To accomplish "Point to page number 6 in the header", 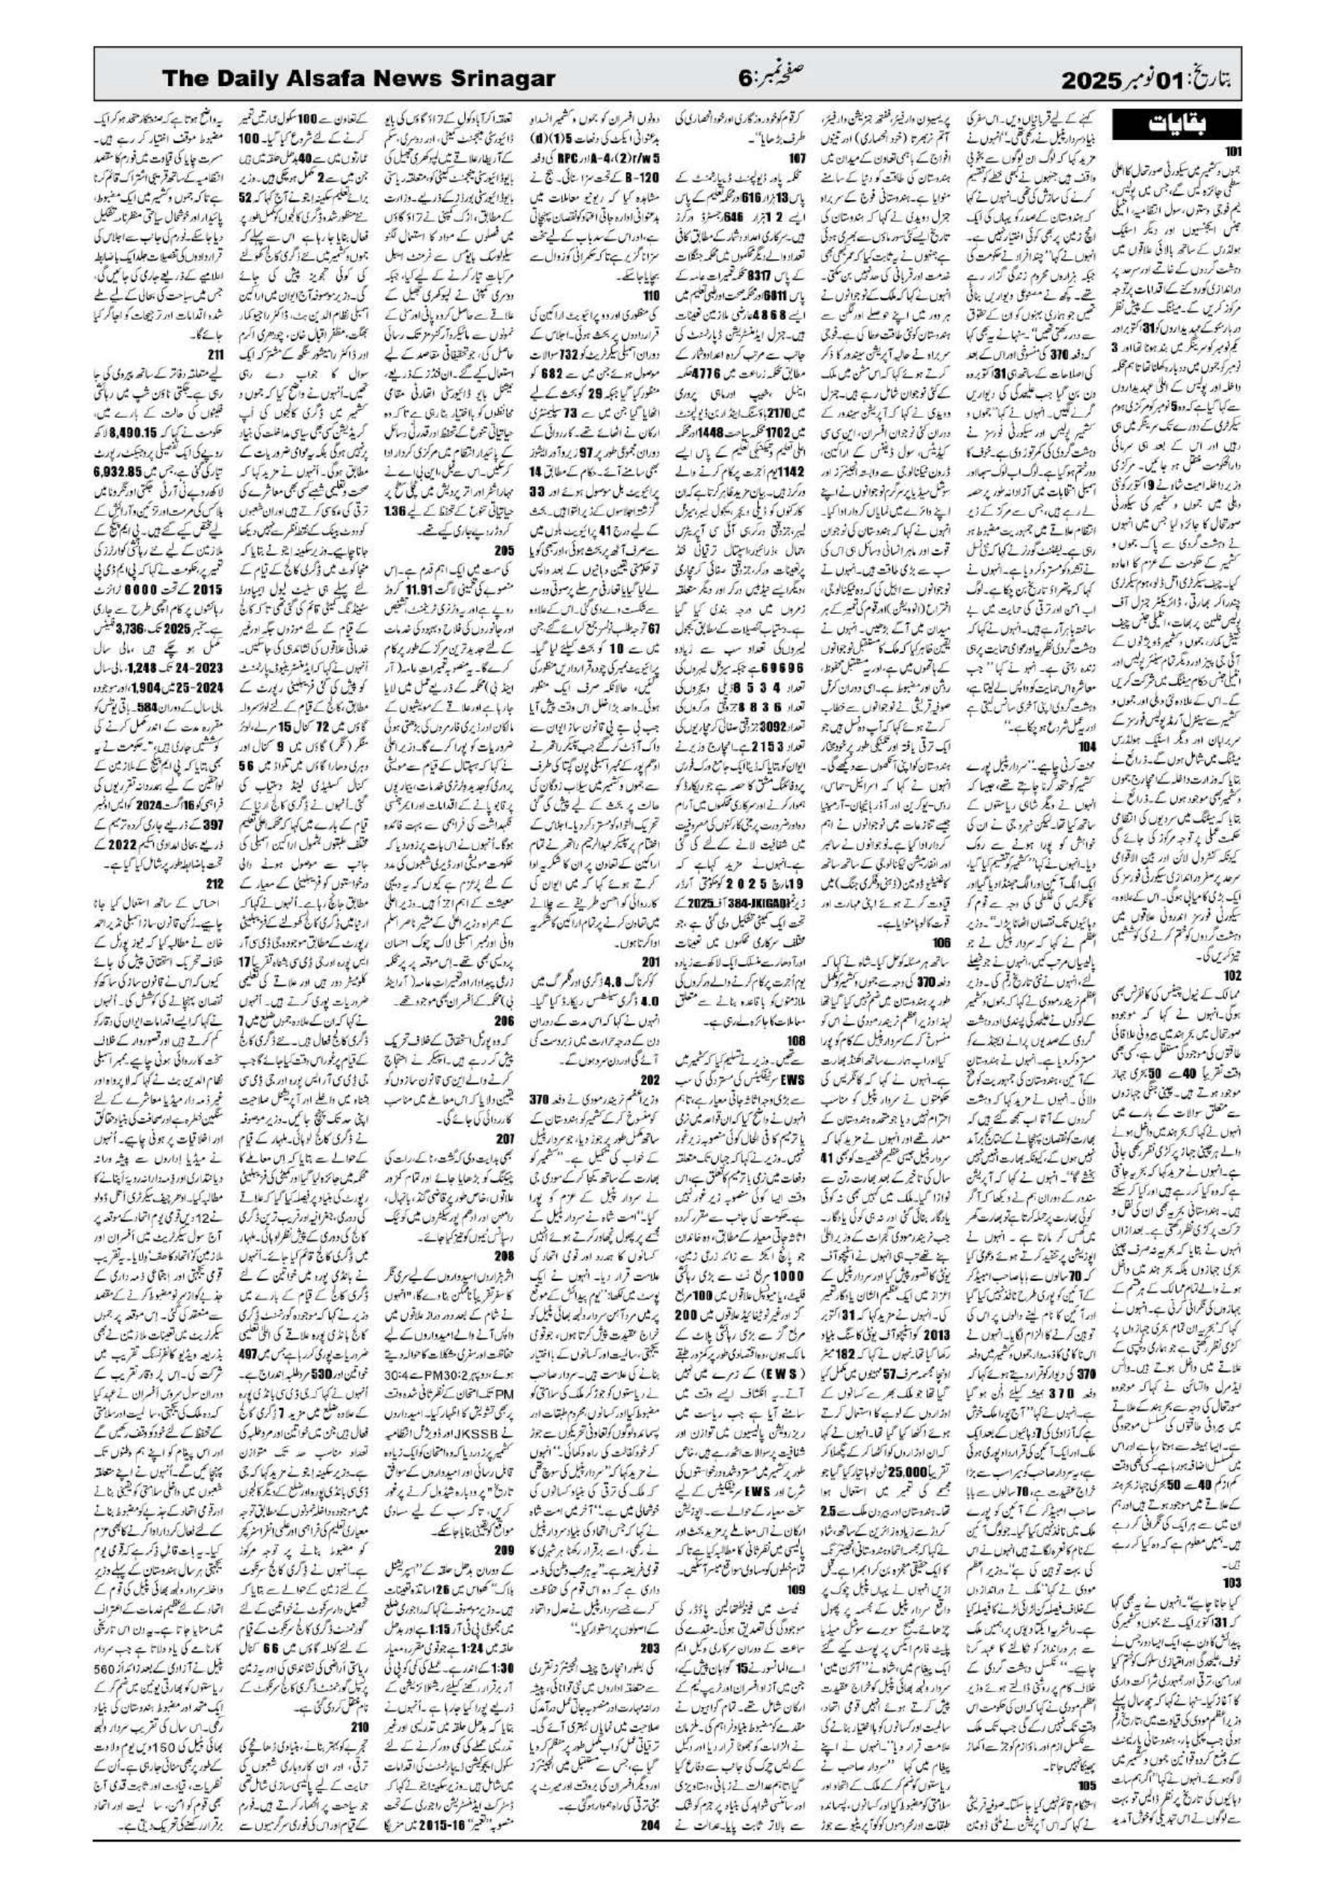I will click(x=744, y=80).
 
